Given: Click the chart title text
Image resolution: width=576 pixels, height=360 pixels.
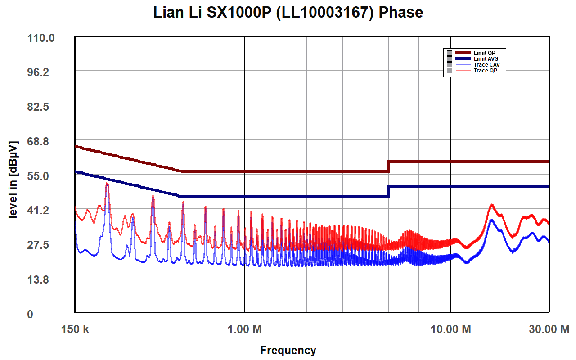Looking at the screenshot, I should pos(288,13).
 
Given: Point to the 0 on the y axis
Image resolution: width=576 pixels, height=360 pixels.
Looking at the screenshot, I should pos(30,314).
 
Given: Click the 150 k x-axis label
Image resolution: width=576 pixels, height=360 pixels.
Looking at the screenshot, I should pos(75,329).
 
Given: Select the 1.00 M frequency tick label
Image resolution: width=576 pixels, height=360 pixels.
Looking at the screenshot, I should pos(244,329).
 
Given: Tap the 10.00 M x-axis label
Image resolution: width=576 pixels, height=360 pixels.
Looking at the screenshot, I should pos(450,329).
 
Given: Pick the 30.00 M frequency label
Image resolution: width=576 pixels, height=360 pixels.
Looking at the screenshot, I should pos(549,329).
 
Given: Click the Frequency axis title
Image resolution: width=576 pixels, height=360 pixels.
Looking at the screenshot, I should pos(288,350).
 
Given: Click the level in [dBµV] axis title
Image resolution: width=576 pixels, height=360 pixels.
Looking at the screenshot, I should pos(13,180).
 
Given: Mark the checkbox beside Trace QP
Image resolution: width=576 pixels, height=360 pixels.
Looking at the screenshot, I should pos(449,71).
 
